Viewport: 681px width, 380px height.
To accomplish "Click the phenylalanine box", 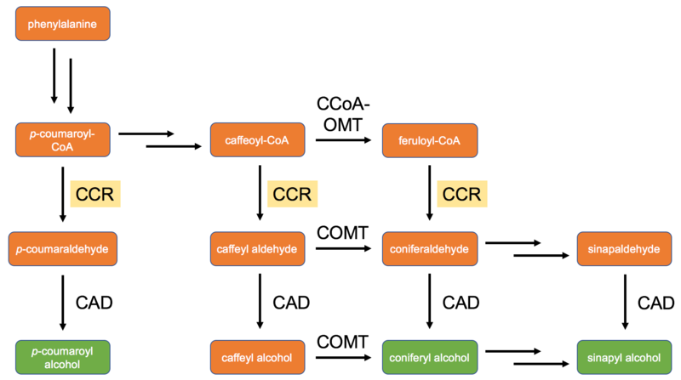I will pyautogui.click(x=63, y=24).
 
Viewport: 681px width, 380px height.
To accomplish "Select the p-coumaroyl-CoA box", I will pyautogui.click(x=63, y=139).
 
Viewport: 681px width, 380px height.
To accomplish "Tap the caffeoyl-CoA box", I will pyautogui.click(x=257, y=139).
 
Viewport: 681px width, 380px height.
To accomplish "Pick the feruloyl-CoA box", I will pyautogui.click(x=430, y=139).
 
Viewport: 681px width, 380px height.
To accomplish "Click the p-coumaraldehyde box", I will pyautogui.click(x=63, y=248).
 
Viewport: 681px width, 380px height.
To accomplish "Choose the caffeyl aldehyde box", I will pyautogui.click(x=257, y=248).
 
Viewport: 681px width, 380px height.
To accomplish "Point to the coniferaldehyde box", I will pyautogui.click(x=430, y=248).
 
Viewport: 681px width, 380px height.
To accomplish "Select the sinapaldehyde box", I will pyautogui.click(x=624, y=248).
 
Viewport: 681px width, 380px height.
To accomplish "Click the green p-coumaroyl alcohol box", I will pyautogui.click(x=63, y=358).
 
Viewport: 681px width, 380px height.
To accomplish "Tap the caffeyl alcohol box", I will pyautogui.click(x=257, y=358).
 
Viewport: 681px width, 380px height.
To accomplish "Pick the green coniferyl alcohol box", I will pyautogui.click(x=430, y=358).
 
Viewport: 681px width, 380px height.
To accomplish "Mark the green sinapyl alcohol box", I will pyautogui.click(x=624, y=358).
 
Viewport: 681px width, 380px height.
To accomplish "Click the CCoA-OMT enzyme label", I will pyautogui.click(x=345, y=115).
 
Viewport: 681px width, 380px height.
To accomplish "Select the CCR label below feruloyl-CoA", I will pyautogui.click(x=461, y=194).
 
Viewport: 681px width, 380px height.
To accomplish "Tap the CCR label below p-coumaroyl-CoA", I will pyautogui.click(x=95, y=194).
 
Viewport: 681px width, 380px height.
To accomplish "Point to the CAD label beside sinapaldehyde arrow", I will pyautogui.click(x=656, y=303).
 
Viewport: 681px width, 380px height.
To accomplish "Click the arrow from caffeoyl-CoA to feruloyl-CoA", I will pyautogui.click(x=345, y=140).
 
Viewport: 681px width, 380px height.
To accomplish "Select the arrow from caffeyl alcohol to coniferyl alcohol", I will pyautogui.click(x=345, y=358).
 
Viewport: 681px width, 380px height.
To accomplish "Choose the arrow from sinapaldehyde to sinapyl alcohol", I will pyautogui.click(x=626, y=303).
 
